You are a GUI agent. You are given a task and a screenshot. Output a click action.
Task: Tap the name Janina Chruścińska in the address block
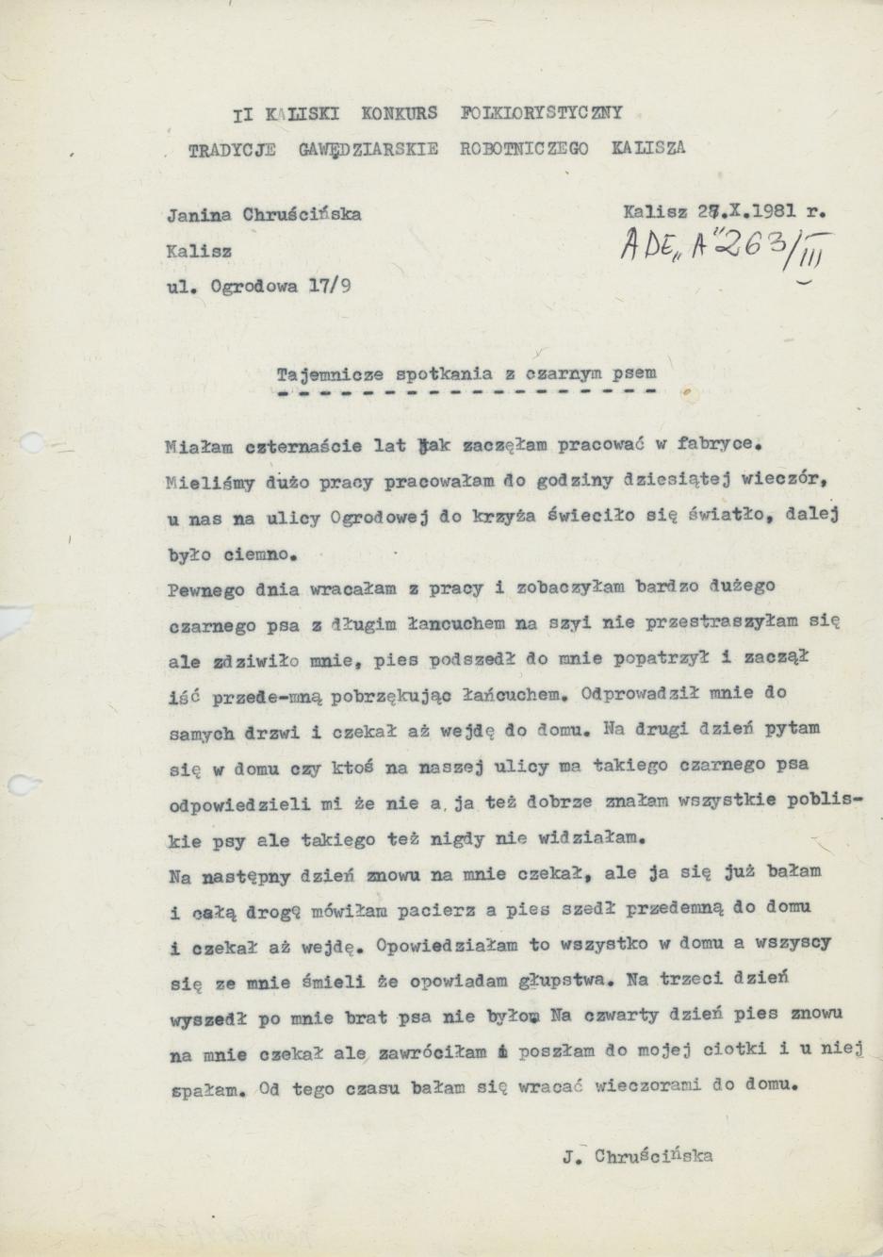point(265,213)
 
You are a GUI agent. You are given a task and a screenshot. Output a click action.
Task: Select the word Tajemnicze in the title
point(321,372)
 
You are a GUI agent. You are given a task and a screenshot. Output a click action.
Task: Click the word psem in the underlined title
point(635,372)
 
